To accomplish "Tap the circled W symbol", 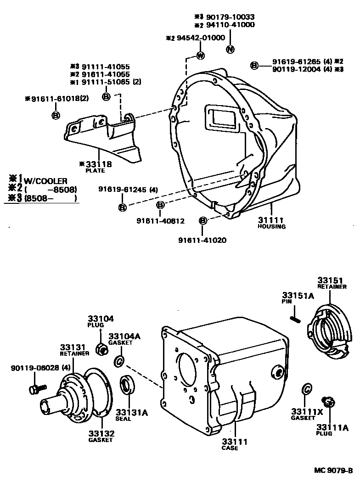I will tap(200, 56).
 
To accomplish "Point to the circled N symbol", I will tap(231, 49).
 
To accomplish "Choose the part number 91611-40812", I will tap(160, 221).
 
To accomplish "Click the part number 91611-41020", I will tap(202, 240).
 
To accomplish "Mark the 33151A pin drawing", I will tap(295, 318).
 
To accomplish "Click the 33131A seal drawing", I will tap(126, 385).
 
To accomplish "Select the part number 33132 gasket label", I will tap(101, 433).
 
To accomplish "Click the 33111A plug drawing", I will tap(328, 402).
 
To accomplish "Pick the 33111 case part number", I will tap(235, 442).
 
